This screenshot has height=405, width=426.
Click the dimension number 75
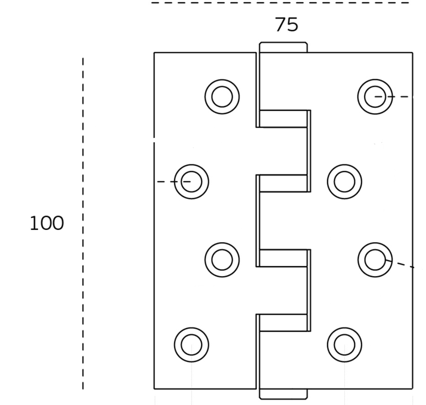[x=286, y=25]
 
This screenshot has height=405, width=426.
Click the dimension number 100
[x=47, y=224]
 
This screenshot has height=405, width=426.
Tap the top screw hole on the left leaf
[x=222, y=96]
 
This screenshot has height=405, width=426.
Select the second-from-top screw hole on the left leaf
[x=191, y=181]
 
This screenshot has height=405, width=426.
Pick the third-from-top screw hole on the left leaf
[x=222, y=260]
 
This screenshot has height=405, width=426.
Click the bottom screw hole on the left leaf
[x=191, y=345]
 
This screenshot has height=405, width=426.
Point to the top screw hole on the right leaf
[x=374, y=96]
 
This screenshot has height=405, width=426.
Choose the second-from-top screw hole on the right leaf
[x=344, y=181]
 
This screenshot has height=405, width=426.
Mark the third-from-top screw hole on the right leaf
[x=374, y=260]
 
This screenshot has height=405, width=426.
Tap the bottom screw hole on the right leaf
[x=344, y=345]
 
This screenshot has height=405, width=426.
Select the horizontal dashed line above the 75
[x=280, y=3]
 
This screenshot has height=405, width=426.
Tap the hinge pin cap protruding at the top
[x=283, y=47]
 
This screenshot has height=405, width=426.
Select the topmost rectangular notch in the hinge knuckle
[x=284, y=119]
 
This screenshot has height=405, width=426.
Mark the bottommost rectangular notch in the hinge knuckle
[x=284, y=323]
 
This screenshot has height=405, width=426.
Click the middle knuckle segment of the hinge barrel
[x=284, y=220]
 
